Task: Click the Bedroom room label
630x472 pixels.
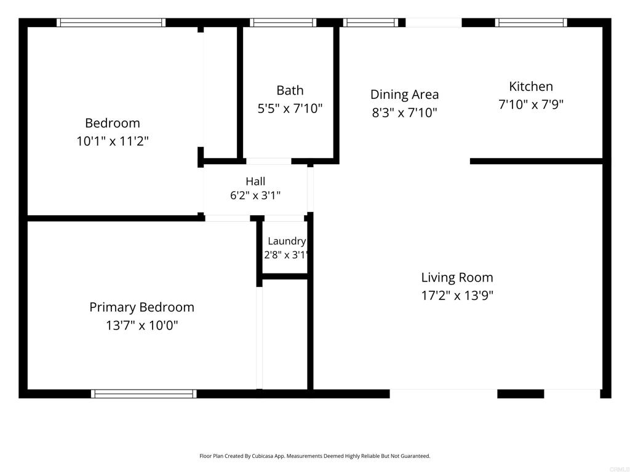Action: click(x=113, y=123)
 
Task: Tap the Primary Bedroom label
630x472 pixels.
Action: click(x=142, y=307)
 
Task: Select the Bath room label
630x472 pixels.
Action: click(x=290, y=90)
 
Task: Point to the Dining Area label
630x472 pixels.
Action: click(x=405, y=95)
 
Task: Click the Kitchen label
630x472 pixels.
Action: click(x=531, y=86)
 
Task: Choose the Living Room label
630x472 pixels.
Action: click(x=457, y=277)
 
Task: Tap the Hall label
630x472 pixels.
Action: click(x=255, y=181)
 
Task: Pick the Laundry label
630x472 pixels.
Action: click(x=287, y=241)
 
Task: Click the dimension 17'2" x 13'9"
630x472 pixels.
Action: click(x=457, y=296)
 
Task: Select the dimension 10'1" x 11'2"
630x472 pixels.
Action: click(x=113, y=141)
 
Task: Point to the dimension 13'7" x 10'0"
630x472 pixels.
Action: click(x=142, y=325)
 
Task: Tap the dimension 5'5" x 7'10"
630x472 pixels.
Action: click(x=290, y=108)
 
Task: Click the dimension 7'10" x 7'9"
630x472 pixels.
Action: click(x=531, y=104)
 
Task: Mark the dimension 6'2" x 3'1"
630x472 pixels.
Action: click(x=255, y=195)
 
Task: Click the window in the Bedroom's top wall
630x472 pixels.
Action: click(x=111, y=23)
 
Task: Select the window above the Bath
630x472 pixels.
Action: click(x=283, y=23)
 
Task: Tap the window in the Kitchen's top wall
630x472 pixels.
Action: click(x=531, y=23)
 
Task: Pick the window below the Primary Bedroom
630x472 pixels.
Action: click(x=144, y=394)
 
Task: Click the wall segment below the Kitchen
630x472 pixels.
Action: click(x=536, y=162)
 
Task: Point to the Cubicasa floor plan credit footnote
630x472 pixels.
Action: click(x=315, y=456)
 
